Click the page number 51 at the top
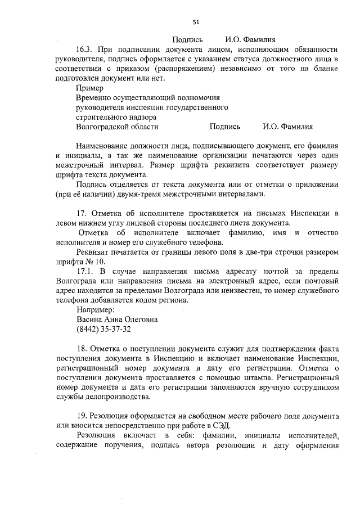(x=196, y=22)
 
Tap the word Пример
(x=89, y=88)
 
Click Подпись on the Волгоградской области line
(x=225, y=127)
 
